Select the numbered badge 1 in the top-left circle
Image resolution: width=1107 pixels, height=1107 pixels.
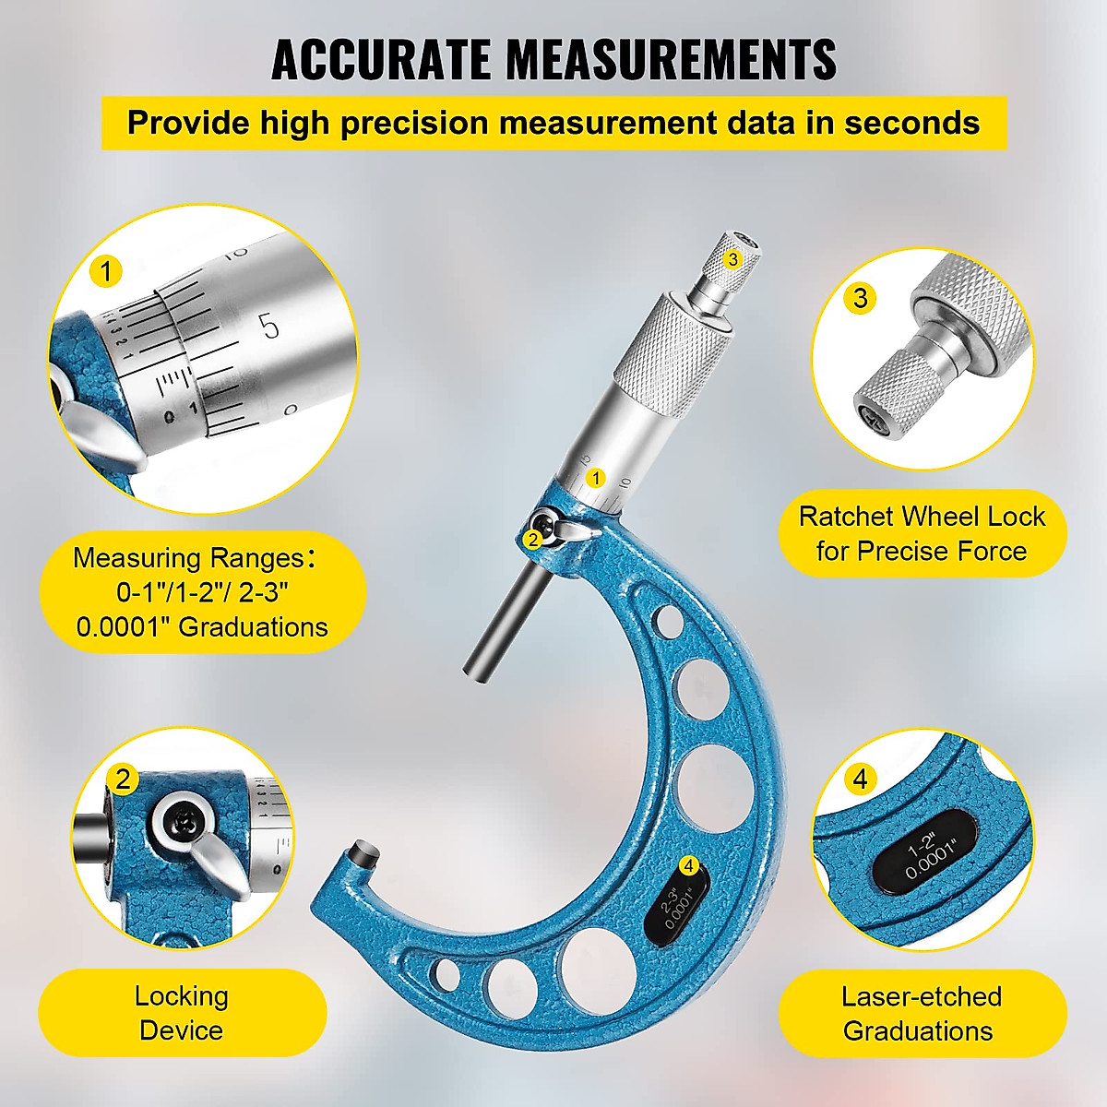point(107,272)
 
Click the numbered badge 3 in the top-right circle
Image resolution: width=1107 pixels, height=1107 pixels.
point(860,297)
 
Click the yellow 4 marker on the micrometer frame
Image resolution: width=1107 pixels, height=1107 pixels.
point(688,865)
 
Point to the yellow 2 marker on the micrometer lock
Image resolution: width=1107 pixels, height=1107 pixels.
point(532,540)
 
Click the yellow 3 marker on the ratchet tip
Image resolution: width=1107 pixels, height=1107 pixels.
point(732,259)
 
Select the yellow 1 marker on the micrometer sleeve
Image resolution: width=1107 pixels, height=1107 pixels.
point(596,478)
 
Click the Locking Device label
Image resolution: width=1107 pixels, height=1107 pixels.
point(182,1013)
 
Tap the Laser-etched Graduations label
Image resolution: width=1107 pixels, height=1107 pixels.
point(920,1013)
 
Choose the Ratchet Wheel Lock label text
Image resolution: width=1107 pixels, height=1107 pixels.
point(922,533)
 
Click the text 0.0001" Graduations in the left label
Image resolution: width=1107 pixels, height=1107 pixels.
point(202,627)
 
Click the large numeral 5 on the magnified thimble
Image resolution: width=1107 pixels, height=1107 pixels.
point(268,326)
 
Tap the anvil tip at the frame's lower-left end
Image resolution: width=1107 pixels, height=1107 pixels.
point(361,853)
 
